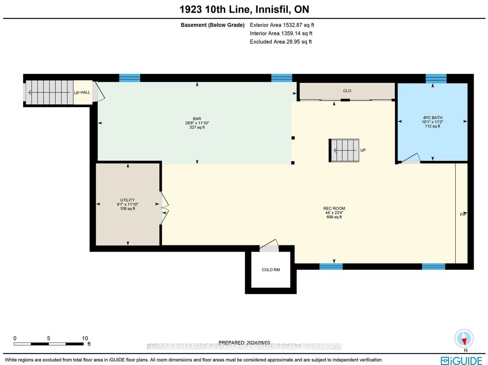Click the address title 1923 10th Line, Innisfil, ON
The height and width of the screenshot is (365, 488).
(244, 9)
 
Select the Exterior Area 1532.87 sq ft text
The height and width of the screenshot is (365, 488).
(282, 25)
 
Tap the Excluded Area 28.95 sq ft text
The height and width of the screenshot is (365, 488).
(280, 42)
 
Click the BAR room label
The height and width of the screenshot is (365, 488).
(197, 119)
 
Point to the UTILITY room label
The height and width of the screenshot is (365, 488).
(127, 200)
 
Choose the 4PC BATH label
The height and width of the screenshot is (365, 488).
(432, 118)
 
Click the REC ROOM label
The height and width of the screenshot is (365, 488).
(334, 209)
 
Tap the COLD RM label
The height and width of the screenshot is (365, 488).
(271, 270)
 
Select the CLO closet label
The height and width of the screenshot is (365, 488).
(347, 91)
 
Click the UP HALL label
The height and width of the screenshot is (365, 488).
(82, 93)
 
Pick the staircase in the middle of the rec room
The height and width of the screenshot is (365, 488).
(344, 150)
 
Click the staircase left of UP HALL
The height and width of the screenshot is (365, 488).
(49, 92)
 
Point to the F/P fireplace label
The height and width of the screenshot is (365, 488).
(463, 215)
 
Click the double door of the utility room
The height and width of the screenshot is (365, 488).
(165, 208)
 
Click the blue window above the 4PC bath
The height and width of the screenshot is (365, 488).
(436, 78)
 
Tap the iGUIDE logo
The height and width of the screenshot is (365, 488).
(461, 360)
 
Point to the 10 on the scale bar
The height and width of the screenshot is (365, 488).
(85, 338)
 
